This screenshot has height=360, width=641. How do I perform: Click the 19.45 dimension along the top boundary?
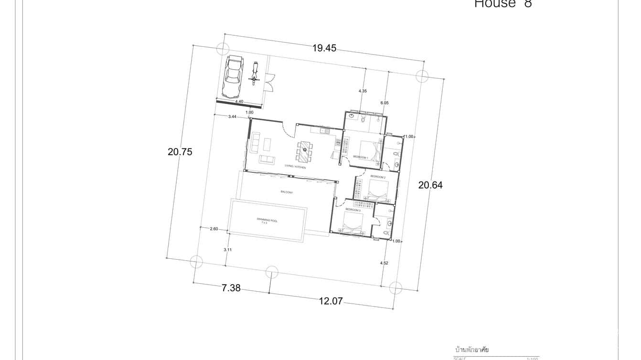[324, 48]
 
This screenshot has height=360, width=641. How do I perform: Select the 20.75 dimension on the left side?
[180, 152]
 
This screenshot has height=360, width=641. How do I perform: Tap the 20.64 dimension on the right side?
[430, 185]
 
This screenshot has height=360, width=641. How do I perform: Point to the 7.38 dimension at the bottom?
[231, 287]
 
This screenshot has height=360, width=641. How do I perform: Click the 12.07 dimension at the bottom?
[331, 301]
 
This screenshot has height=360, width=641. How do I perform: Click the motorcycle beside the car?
[255, 74]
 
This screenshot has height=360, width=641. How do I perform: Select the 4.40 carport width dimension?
[239, 101]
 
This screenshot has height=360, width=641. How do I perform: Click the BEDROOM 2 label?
[378, 177]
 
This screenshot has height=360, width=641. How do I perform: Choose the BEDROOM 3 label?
[353, 210]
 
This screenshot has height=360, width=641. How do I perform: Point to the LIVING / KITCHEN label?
[295, 167]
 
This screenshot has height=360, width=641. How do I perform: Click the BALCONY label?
[287, 192]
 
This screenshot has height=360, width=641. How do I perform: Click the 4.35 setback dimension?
[363, 91]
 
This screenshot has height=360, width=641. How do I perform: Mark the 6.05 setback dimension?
[385, 103]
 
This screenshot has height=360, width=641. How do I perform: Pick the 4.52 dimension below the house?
[384, 263]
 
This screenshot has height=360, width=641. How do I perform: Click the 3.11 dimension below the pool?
[228, 250]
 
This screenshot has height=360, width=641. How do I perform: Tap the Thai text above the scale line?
[472, 350]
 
